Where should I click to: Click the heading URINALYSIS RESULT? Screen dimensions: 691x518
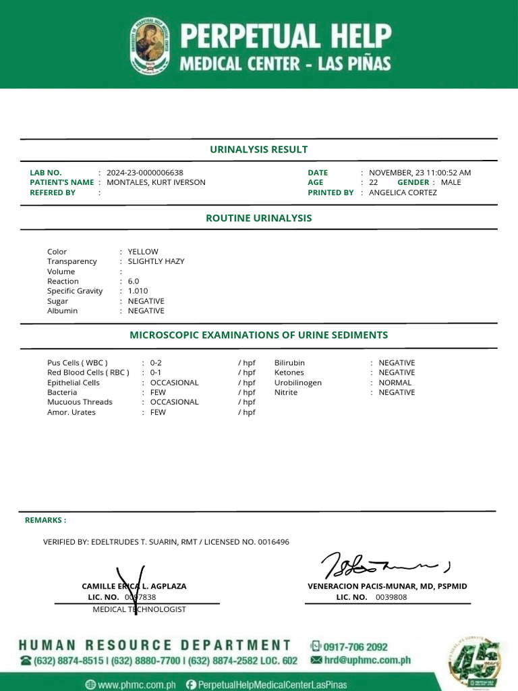click(x=258, y=149)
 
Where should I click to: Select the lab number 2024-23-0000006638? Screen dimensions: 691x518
click(x=144, y=173)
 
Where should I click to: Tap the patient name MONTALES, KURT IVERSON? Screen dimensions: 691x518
click(x=156, y=182)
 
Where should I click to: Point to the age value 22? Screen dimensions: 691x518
click(x=373, y=182)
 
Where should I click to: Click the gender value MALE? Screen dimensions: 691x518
click(x=451, y=182)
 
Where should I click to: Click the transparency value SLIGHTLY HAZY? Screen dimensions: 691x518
click(x=156, y=261)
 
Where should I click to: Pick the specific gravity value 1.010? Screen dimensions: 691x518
click(x=138, y=291)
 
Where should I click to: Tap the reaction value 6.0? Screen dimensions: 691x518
click(x=133, y=281)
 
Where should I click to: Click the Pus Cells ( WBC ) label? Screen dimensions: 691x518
click(x=77, y=362)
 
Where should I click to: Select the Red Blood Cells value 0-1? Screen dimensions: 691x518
click(x=155, y=372)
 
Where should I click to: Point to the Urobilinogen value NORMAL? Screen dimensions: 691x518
click(x=395, y=383)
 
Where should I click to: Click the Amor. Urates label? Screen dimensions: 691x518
click(x=68, y=412)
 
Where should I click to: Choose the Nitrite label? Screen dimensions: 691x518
click(x=285, y=392)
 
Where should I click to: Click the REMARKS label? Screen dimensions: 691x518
click(x=45, y=520)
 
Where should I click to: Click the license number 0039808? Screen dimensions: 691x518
click(x=391, y=597)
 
